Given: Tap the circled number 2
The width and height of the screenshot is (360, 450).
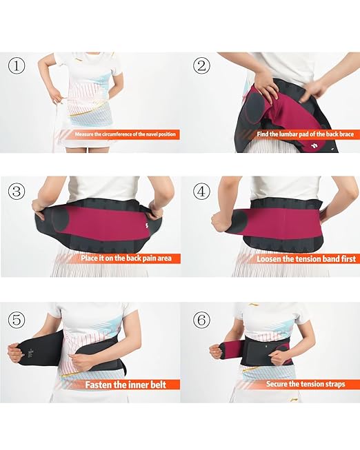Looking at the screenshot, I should pos(201,66).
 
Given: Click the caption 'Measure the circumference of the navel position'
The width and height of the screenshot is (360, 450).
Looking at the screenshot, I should pos(122,135).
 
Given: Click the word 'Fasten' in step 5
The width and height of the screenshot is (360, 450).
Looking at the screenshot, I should pos(99,385).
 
